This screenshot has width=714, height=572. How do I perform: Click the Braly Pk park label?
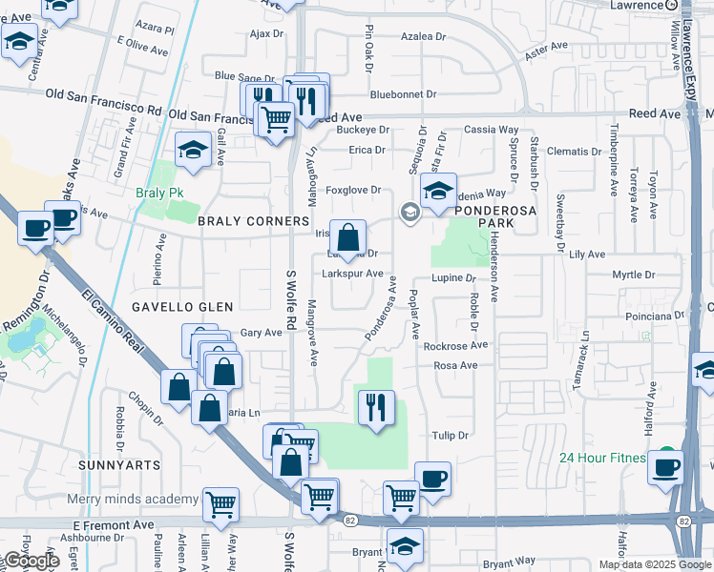click(159, 192)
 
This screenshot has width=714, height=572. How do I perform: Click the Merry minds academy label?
click(133, 500)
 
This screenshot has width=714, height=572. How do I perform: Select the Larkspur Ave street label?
click(352, 275)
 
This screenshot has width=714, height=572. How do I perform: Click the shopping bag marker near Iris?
click(347, 237)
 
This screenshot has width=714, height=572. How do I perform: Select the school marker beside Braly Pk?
click(193, 150)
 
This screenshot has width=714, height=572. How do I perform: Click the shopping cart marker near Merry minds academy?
click(220, 504)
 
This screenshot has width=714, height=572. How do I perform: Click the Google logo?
click(31, 562)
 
